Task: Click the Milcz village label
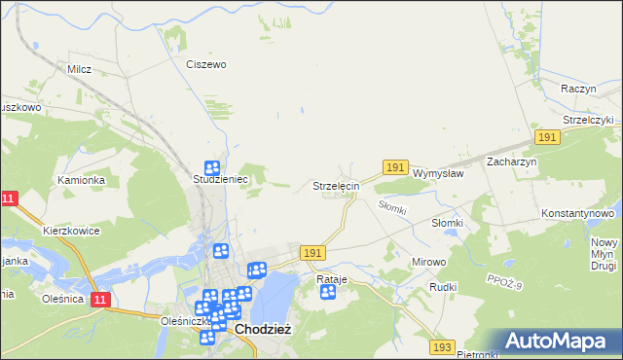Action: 79,69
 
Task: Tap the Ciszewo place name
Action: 206,64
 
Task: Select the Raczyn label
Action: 578,88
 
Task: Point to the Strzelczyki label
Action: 581,120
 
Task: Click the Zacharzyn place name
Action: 512,162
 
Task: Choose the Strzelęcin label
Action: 336,185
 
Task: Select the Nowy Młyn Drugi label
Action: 605,253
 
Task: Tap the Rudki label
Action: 443,288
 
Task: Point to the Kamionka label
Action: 80,180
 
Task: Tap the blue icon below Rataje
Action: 328,292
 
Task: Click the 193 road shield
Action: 443,346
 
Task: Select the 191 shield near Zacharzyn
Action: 548,138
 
